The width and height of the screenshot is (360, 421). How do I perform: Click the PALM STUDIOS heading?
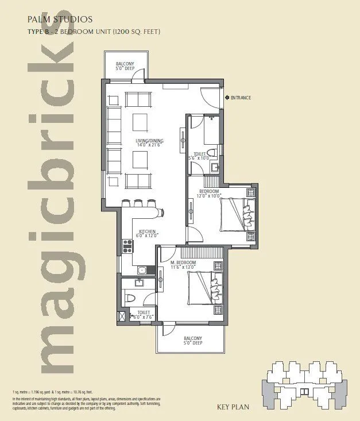coord(56,19)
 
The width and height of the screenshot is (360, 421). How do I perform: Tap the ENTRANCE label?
coord(241,98)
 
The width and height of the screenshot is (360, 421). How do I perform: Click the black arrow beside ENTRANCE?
coord(226,98)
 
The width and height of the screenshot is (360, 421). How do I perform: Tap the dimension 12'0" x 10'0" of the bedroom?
coord(209,196)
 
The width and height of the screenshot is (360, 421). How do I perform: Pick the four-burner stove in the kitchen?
coord(127,246)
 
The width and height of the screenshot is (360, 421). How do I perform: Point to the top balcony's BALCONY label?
coord(125,64)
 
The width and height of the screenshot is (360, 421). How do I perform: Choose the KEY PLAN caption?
coord(233,408)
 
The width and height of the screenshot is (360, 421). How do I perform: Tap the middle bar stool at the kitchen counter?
coord(138,203)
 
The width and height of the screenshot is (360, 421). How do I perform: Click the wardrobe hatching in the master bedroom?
coord(200,253)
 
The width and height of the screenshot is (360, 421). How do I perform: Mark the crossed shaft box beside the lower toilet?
coord(121,316)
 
